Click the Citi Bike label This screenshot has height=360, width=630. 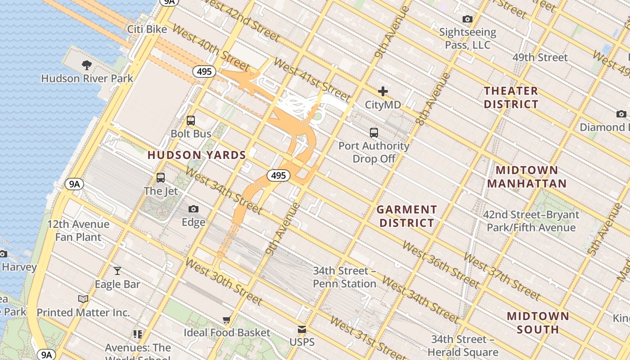pyautogui.click(x=147, y=29)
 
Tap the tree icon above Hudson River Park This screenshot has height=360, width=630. pyautogui.click(x=87, y=65)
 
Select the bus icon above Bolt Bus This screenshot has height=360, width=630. pyautogui.click(x=191, y=121)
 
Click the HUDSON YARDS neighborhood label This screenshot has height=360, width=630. pyautogui.click(x=197, y=155)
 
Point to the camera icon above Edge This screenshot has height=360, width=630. pyautogui.click(x=193, y=209)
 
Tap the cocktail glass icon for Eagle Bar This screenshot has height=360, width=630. pyautogui.click(x=117, y=270)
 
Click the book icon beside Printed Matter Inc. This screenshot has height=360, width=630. pyautogui.click(x=83, y=299)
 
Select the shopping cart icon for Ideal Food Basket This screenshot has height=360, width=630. pyautogui.click(x=227, y=319)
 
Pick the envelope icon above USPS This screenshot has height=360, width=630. pyautogui.click(x=302, y=329)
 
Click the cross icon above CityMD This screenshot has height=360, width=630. pyautogui.click(x=383, y=92)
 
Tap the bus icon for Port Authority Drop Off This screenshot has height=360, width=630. pyautogui.click(x=374, y=133)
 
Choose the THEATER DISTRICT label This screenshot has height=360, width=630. pyautogui.click(x=511, y=98)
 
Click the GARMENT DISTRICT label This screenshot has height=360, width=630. pyautogui.click(x=407, y=216)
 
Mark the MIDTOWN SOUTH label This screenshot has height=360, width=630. pyautogui.click(x=538, y=323)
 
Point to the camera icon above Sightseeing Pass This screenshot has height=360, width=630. pyautogui.click(x=468, y=19)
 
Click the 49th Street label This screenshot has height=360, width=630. pyautogui.click(x=540, y=58)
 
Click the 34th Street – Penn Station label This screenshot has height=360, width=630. pyautogui.click(x=344, y=277)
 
